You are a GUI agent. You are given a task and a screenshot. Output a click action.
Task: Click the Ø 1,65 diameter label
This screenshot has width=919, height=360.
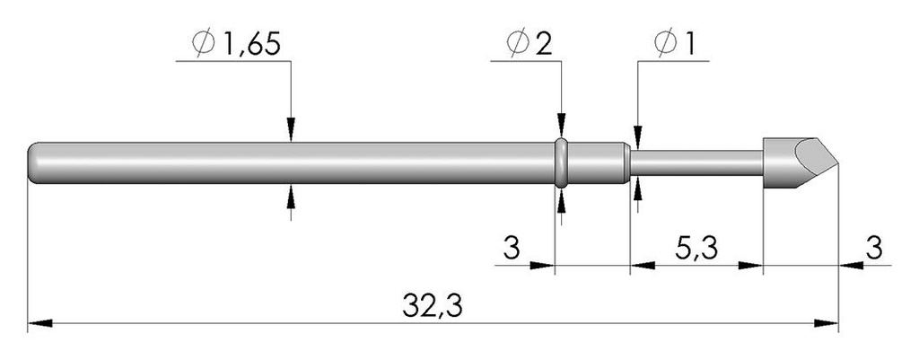[x=236, y=44]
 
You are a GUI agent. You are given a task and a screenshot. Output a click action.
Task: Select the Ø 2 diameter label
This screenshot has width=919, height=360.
[x=530, y=44]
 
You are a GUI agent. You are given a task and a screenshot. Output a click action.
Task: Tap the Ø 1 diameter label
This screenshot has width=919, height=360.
[x=675, y=44]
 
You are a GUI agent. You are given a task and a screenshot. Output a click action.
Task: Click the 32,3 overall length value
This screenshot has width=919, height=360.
[x=433, y=305]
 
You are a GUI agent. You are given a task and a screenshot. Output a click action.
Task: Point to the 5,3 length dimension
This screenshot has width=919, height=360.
[x=696, y=250]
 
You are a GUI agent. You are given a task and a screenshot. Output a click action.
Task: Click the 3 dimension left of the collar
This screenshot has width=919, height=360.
[x=511, y=250]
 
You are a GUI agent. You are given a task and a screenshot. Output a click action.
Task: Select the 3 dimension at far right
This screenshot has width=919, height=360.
[x=874, y=250]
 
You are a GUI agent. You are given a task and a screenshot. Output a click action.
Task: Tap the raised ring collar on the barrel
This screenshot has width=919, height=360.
[x=561, y=163]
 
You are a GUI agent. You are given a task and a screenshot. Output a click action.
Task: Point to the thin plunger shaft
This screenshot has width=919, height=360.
[x=696, y=163]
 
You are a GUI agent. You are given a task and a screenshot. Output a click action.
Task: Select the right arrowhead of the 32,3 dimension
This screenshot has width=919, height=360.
[x=827, y=323]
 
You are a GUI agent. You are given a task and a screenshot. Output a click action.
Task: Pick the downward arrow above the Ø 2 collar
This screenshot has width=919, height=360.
[x=562, y=126]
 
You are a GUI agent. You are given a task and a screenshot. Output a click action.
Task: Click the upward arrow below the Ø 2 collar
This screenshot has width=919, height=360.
[x=562, y=201]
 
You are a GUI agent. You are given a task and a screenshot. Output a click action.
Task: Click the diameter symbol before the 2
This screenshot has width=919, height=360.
[x=519, y=44]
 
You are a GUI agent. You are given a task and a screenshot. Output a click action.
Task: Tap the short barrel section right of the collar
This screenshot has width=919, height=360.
[x=597, y=163]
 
